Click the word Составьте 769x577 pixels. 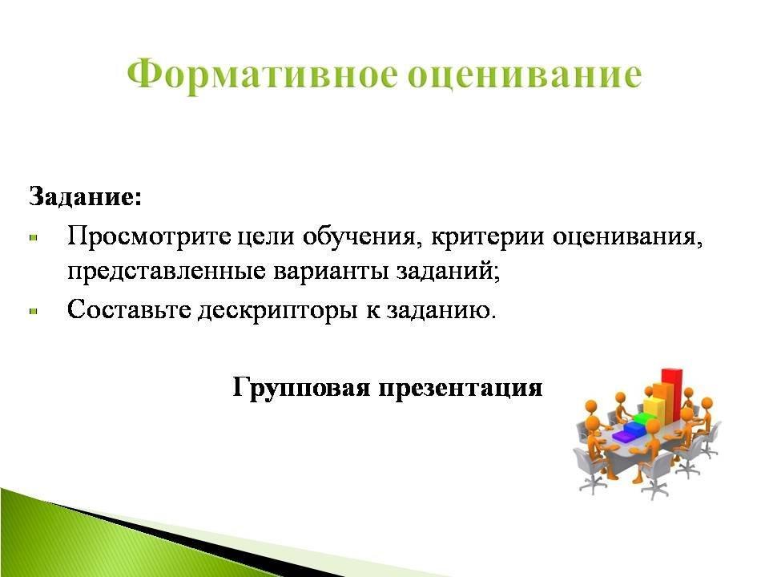[129, 309]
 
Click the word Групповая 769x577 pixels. [301, 388]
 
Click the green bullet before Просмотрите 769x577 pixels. [34, 237]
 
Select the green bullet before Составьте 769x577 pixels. [34, 311]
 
